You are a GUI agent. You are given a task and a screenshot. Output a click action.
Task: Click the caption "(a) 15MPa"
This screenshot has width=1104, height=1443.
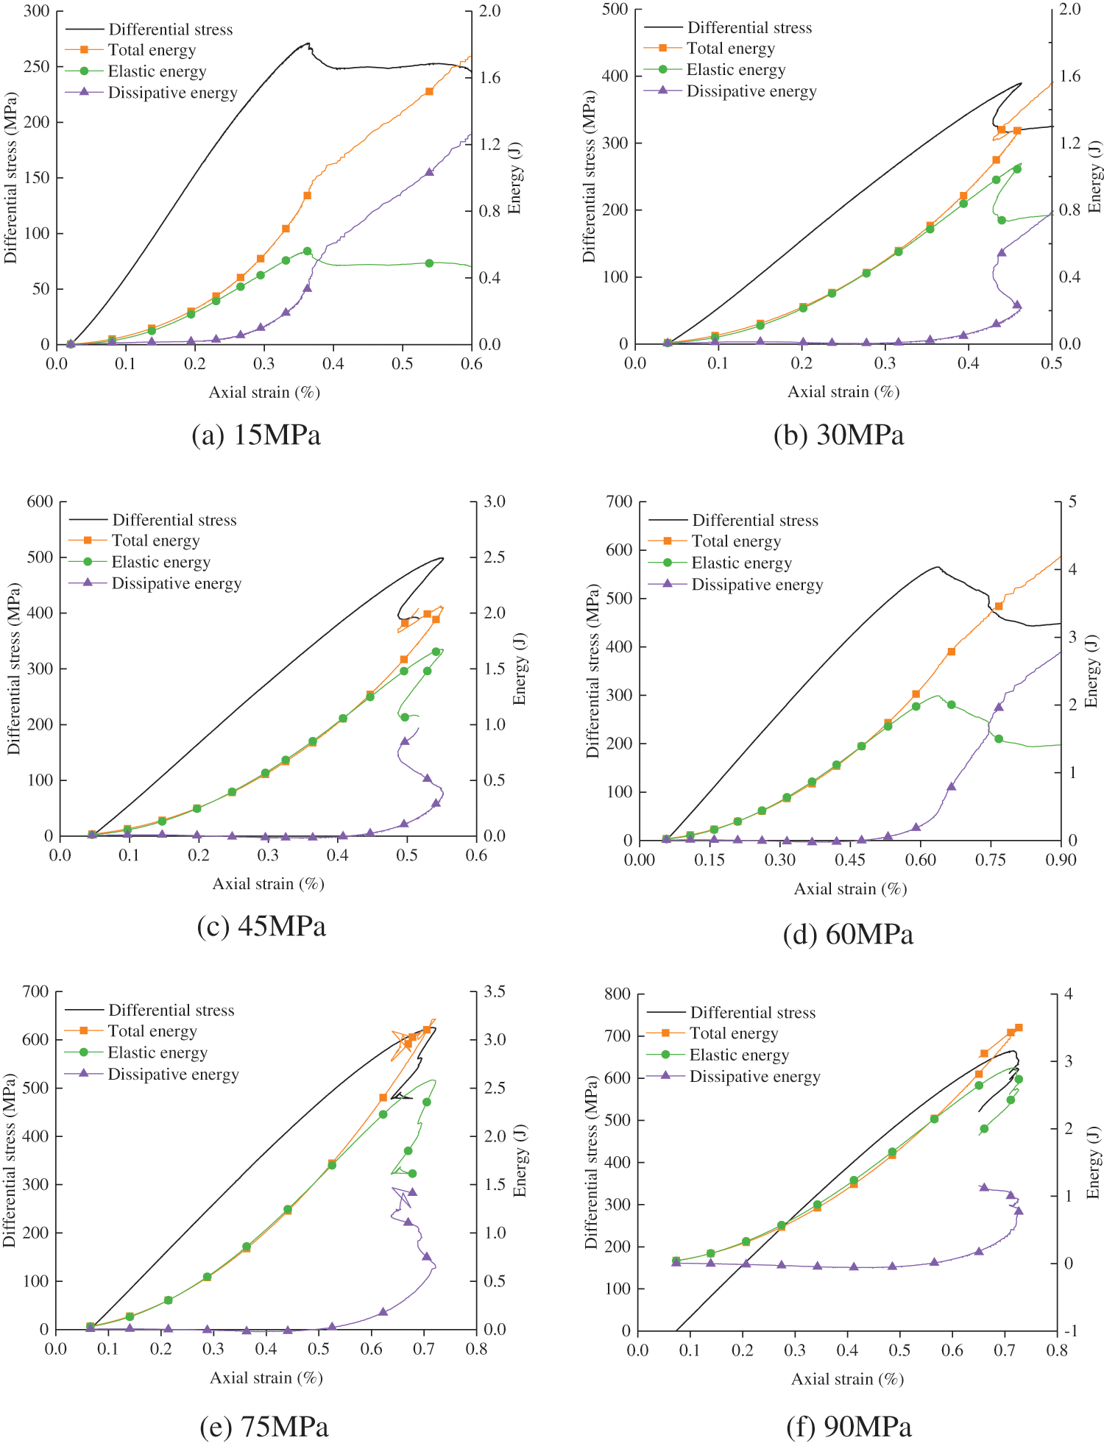[x=256, y=435]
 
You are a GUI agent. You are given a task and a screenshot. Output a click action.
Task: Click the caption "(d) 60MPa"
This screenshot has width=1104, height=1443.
[x=848, y=934]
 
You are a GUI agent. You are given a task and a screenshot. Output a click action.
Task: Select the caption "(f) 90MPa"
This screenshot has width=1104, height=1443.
[x=849, y=1427]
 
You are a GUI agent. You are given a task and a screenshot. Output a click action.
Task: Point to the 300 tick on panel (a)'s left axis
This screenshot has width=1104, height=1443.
[x=37, y=11]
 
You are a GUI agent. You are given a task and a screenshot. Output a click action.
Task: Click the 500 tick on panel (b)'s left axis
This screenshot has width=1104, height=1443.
[x=615, y=10]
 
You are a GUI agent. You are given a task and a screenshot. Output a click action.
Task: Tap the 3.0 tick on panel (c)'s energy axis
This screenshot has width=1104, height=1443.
[x=495, y=502]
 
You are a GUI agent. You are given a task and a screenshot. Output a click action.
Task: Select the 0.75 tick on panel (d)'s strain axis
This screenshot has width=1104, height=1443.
[x=991, y=860]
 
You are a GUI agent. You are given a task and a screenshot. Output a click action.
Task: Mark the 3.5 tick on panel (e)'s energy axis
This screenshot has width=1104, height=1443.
[x=495, y=991]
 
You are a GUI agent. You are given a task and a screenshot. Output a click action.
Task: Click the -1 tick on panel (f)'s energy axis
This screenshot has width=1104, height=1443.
[x=1071, y=1330]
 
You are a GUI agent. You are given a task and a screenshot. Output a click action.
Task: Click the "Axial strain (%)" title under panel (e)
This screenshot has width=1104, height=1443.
[x=266, y=1378]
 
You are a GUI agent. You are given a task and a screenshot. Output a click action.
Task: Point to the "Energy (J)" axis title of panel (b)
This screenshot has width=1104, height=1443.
[x=1095, y=177]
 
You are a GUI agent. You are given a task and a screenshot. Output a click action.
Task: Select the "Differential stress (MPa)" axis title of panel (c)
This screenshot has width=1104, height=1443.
[x=13, y=669]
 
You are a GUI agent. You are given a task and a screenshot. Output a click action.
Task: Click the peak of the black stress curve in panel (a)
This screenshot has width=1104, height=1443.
[x=308, y=43]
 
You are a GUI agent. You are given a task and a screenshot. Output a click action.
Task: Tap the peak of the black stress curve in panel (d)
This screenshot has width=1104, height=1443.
[x=937, y=567]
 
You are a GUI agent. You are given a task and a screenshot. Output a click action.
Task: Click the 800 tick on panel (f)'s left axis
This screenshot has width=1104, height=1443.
[x=617, y=994]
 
